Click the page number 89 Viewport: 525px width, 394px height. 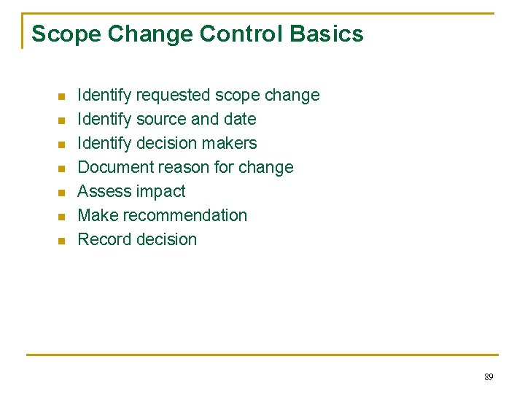tap(489, 377)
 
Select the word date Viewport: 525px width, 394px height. tap(240, 120)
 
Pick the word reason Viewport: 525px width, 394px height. tap(179, 168)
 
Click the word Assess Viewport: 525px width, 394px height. tap(101, 192)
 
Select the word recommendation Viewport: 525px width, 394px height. tap(185, 216)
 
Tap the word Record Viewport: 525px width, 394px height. tap(103, 240)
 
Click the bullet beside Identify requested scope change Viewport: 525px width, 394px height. tap(62, 96)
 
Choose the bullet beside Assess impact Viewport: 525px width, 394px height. tap(62, 193)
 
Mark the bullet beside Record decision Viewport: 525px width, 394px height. tap(62, 241)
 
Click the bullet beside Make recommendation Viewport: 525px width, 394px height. tap(62, 217)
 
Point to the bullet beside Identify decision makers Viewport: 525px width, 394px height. tap(62, 144)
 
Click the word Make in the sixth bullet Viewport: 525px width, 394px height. tap(98, 216)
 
